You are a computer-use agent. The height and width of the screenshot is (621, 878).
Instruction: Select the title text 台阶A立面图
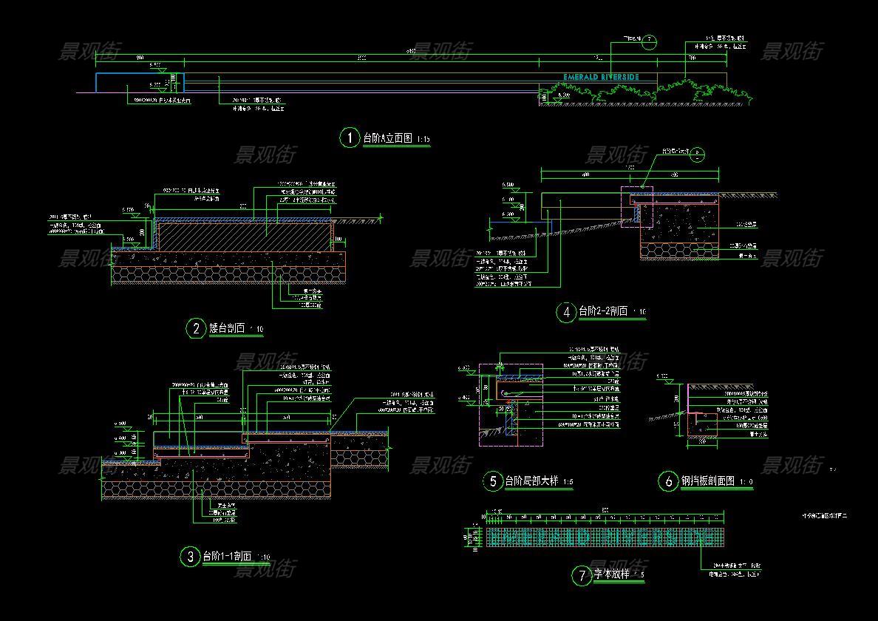[388, 138]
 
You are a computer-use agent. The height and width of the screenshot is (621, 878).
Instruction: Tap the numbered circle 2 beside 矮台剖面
[196, 328]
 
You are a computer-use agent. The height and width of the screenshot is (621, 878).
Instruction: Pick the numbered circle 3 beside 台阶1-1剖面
[191, 557]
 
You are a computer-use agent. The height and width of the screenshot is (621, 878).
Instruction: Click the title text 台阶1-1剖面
[228, 557]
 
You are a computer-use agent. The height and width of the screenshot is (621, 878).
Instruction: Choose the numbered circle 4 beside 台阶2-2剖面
[566, 312]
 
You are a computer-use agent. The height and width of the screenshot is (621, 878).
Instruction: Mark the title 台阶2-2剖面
[603, 311]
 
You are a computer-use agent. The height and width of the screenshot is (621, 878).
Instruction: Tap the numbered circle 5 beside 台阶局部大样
[493, 482]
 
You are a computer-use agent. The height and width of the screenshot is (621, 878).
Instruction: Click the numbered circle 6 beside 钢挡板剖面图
[668, 482]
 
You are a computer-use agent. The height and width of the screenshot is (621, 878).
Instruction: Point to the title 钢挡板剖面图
[707, 482]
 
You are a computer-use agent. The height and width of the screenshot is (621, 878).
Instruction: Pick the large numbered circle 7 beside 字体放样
[582, 575]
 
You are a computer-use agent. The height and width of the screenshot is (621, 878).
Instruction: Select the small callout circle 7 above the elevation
[649, 41]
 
